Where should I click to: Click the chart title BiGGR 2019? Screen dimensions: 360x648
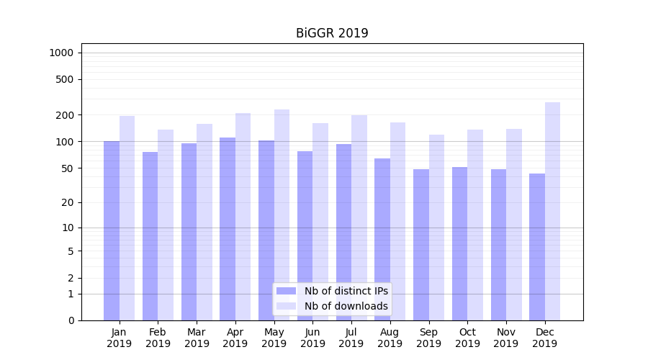click(x=332, y=33)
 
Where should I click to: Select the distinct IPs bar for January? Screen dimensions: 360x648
click(x=112, y=230)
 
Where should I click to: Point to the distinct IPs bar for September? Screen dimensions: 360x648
click(x=421, y=245)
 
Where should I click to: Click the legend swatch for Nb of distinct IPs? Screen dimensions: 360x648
click(x=286, y=291)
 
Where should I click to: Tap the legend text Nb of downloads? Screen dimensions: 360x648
click(x=346, y=306)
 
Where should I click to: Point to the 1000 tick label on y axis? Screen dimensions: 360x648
click(x=61, y=53)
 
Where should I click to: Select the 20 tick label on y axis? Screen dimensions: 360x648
click(x=68, y=202)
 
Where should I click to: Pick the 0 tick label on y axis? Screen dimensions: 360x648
click(x=71, y=320)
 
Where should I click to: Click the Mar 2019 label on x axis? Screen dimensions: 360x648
click(x=197, y=338)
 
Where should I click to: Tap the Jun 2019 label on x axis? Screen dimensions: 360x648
click(x=312, y=338)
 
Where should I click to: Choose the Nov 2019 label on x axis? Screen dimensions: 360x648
click(x=506, y=338)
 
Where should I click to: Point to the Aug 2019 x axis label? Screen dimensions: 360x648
click(x=390, y=338)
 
